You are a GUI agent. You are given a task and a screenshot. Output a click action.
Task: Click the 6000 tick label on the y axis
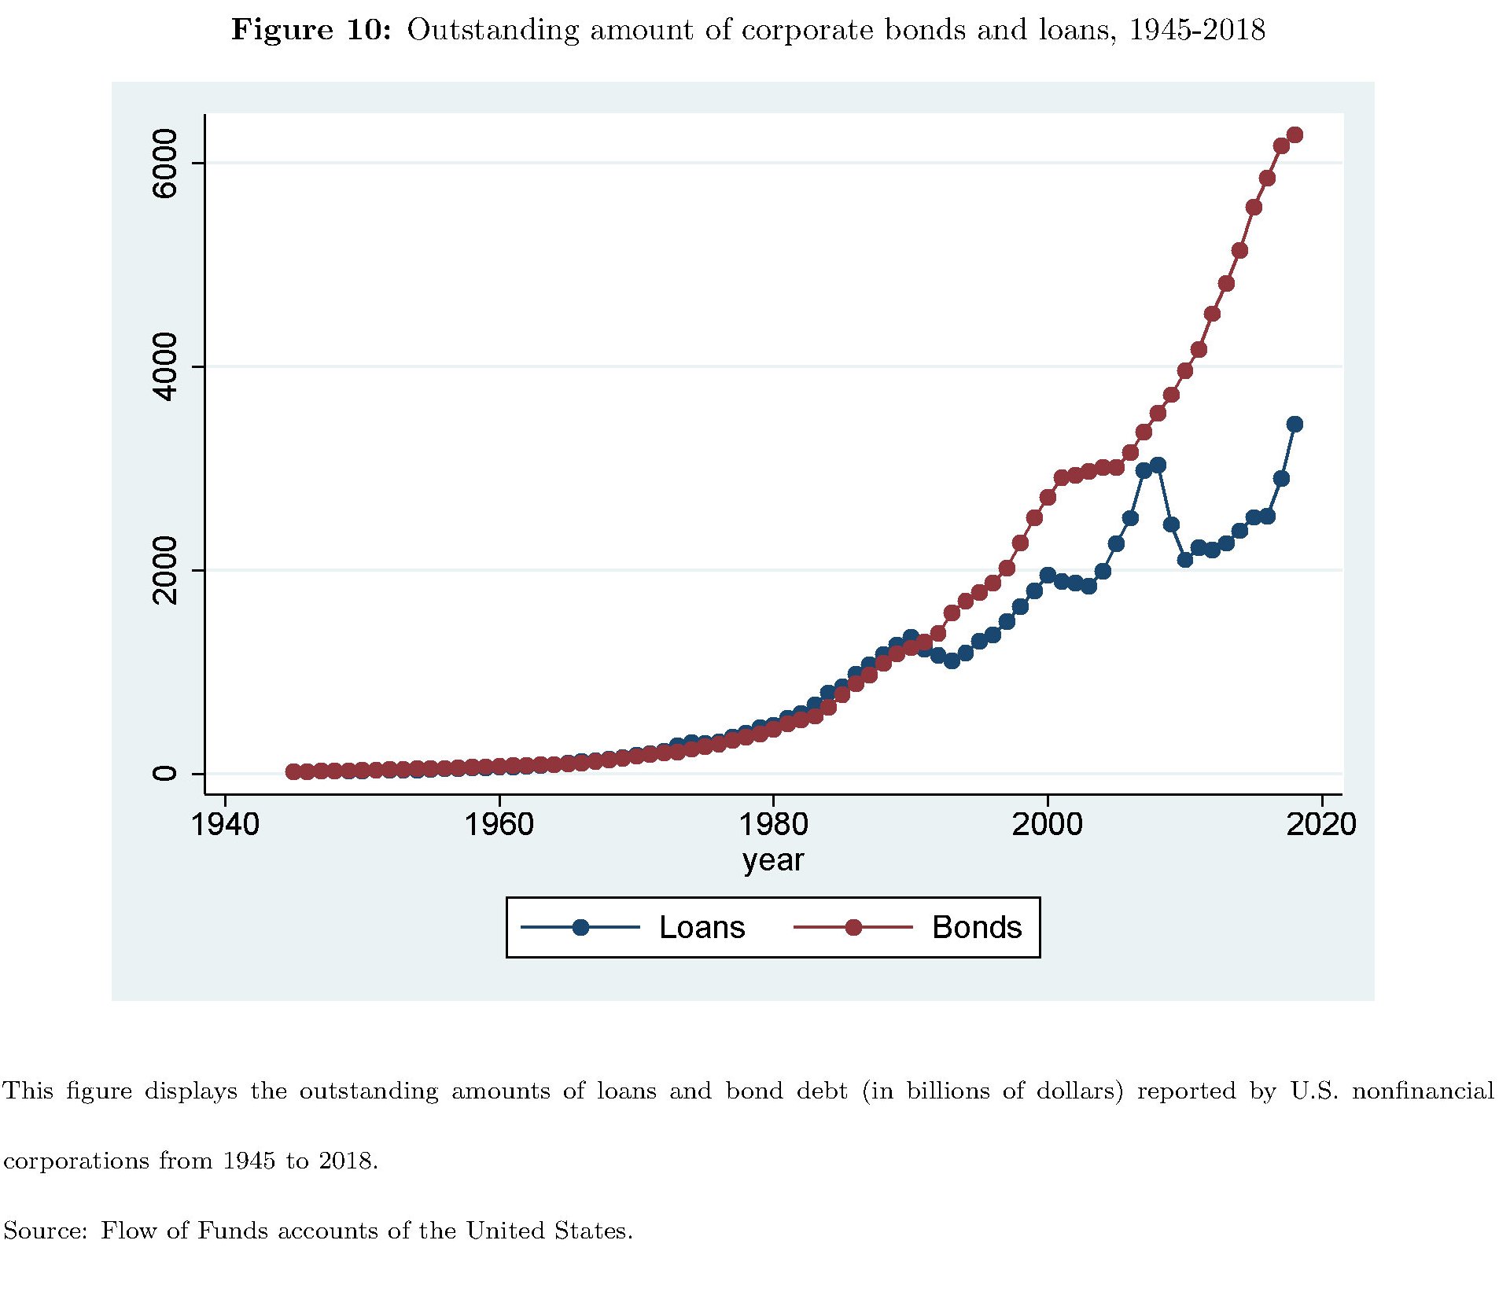tap(165, 164)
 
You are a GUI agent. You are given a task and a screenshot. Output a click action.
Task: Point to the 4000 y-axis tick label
tap(165, 366)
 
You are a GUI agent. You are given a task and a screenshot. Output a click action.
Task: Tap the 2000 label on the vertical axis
tap(165, 570)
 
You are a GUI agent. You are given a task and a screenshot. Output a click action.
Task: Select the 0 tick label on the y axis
tap(165, 773)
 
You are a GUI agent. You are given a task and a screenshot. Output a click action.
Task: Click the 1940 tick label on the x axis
tap(225, 824)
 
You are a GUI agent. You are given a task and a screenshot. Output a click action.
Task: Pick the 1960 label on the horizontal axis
tap(499, 824)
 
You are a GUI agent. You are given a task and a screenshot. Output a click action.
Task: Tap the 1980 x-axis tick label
tap(773, 824)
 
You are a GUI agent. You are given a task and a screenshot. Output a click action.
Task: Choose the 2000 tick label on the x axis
tap(1047, 824)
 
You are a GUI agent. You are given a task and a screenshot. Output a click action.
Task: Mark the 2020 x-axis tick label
tap(1321, 824)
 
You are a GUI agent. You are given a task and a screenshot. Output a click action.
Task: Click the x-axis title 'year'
tap(773, 860)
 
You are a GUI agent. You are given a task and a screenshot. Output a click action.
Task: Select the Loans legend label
tap(702, 928)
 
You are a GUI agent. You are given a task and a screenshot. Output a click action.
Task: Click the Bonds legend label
tap(976, 928)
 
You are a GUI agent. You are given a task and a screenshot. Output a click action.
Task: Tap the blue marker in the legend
tap(580, 928)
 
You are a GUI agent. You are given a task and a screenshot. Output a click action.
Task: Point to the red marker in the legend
tap(853, 928)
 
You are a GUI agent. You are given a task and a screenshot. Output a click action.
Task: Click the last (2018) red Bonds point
tap(1295, 135)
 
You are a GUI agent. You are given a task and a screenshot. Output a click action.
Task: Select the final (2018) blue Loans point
tap(1295, 425)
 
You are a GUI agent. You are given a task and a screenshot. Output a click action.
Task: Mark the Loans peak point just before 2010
tap(1158, 466)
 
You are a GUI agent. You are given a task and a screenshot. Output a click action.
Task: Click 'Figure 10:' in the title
tap(311, 30)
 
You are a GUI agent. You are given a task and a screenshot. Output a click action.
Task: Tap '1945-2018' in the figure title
tap(1197, 30)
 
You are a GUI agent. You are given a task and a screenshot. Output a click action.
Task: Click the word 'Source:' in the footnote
tap(45, 1231)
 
